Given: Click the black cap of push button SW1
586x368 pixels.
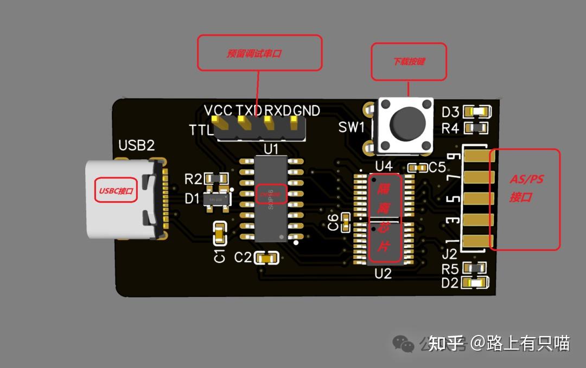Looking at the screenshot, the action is (406, 124).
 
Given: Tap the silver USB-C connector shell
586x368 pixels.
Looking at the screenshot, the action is (117, 199).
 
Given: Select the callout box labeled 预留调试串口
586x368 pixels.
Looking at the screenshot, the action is (259, 53).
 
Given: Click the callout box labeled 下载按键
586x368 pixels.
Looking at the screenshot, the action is (409, 61).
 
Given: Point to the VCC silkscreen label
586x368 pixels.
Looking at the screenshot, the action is (218, 111).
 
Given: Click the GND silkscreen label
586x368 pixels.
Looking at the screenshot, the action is (307, 111).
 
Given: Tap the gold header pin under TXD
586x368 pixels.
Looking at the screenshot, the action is (243, 124).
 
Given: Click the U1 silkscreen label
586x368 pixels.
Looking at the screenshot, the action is (271, 149).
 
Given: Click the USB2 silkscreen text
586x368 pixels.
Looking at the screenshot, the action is (137, 145).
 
